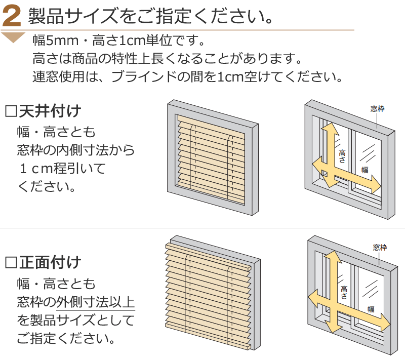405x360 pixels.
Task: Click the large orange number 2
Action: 12,17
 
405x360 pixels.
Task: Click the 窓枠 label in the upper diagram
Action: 377,109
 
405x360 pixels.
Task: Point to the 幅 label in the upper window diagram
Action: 364,170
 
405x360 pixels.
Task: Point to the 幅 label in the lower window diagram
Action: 371,309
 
